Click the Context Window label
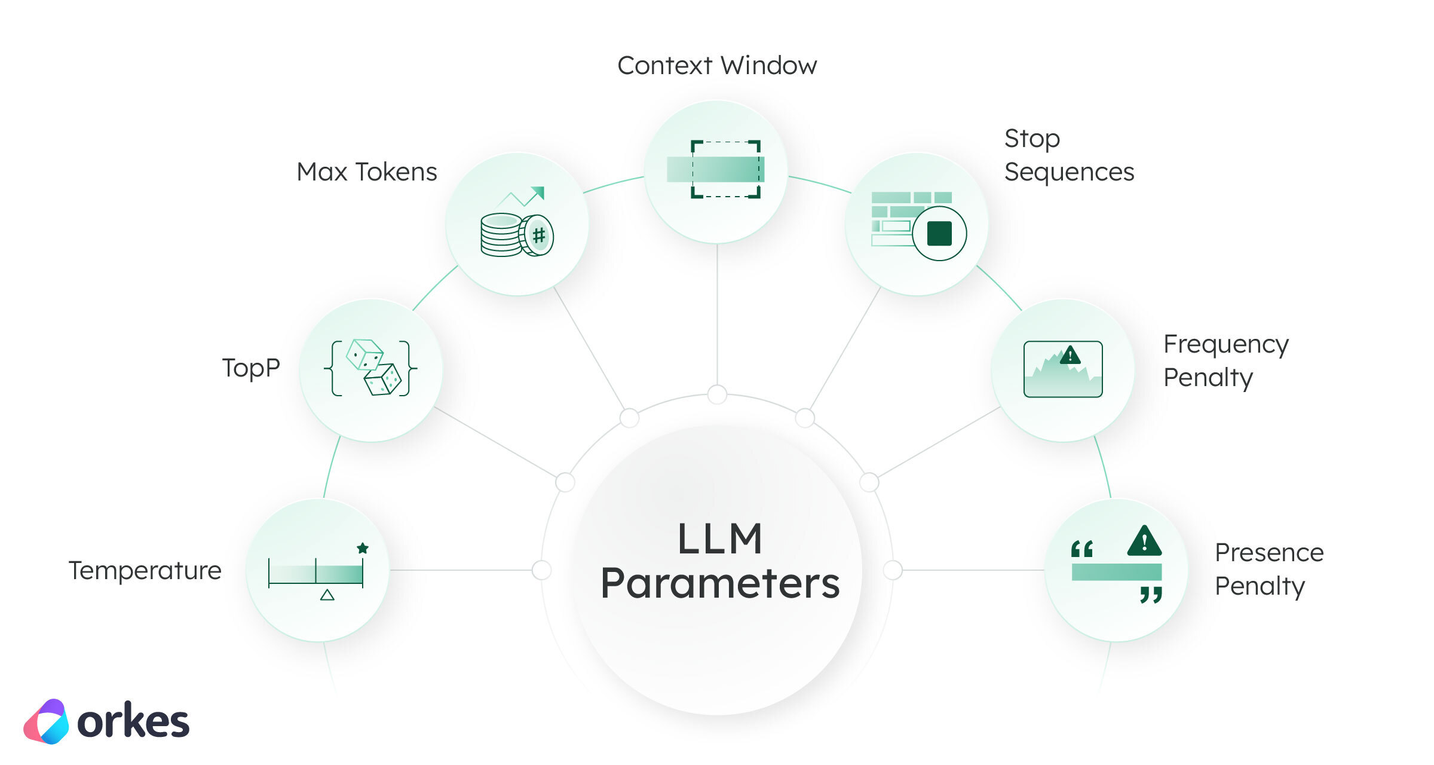(717, 65)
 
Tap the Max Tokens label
(367, 172)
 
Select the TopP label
(251, 368)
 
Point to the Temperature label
(145, 571)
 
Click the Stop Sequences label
(1068, 155)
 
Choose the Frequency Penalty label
(1225, 360)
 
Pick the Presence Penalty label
(1269, 569)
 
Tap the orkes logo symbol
(47, 721)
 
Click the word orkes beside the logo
(133, 722)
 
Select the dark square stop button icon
(939, 233)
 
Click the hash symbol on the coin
(539, 235)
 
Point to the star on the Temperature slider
(363, 548)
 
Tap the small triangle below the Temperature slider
(327, 595)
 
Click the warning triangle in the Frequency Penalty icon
(1070, 356)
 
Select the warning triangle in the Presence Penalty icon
(1144, 541)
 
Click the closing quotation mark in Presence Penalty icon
(1151, 594)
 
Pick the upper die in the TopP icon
(364, 354)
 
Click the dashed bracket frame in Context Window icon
(725, 169)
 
